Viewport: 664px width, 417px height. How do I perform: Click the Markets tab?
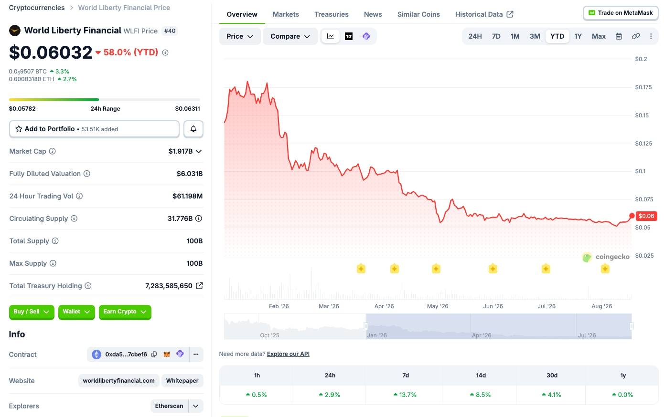coord(286,14)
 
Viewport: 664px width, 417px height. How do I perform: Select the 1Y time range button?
coord(578,36)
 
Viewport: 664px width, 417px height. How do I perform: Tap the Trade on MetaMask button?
coord(621,13)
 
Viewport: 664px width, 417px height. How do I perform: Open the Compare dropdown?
coord(290,36)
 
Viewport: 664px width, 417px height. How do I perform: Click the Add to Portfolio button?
coord(94,129)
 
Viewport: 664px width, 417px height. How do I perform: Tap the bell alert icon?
coord(193,129)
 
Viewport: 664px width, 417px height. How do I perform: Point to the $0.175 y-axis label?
coord(643,87)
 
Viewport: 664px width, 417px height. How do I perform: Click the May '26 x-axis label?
coord(438,306)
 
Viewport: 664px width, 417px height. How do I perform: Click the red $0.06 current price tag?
coord(646,216)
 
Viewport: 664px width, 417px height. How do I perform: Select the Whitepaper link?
coord(182,381)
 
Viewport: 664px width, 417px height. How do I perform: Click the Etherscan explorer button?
coord(169,406)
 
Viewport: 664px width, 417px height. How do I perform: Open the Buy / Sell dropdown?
coord(32,312)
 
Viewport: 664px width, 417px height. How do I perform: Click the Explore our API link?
coord(288,354)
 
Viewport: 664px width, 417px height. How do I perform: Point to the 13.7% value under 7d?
coord(405,395)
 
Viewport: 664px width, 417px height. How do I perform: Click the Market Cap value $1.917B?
coord(181,151)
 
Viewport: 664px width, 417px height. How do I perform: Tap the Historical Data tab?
coord(484,14)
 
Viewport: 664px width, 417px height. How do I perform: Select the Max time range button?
coord(599,36)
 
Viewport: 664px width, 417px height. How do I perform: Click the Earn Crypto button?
coord(125,312)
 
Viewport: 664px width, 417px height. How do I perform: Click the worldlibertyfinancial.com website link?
coord(118,381)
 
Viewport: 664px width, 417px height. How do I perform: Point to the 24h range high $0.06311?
coord(187,109)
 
